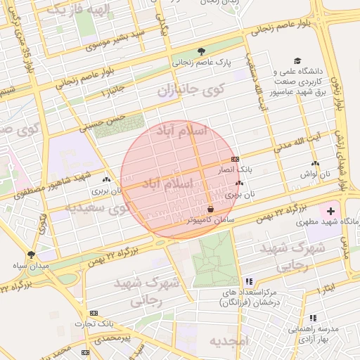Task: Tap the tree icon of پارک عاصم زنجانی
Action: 202,51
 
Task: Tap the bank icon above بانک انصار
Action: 235,159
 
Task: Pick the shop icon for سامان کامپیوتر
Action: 211,209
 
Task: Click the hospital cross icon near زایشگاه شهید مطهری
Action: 330,211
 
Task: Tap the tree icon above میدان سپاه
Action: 30,255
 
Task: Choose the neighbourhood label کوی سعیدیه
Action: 98,209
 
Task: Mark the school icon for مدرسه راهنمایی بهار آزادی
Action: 313,318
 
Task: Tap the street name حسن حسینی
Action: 103,122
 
